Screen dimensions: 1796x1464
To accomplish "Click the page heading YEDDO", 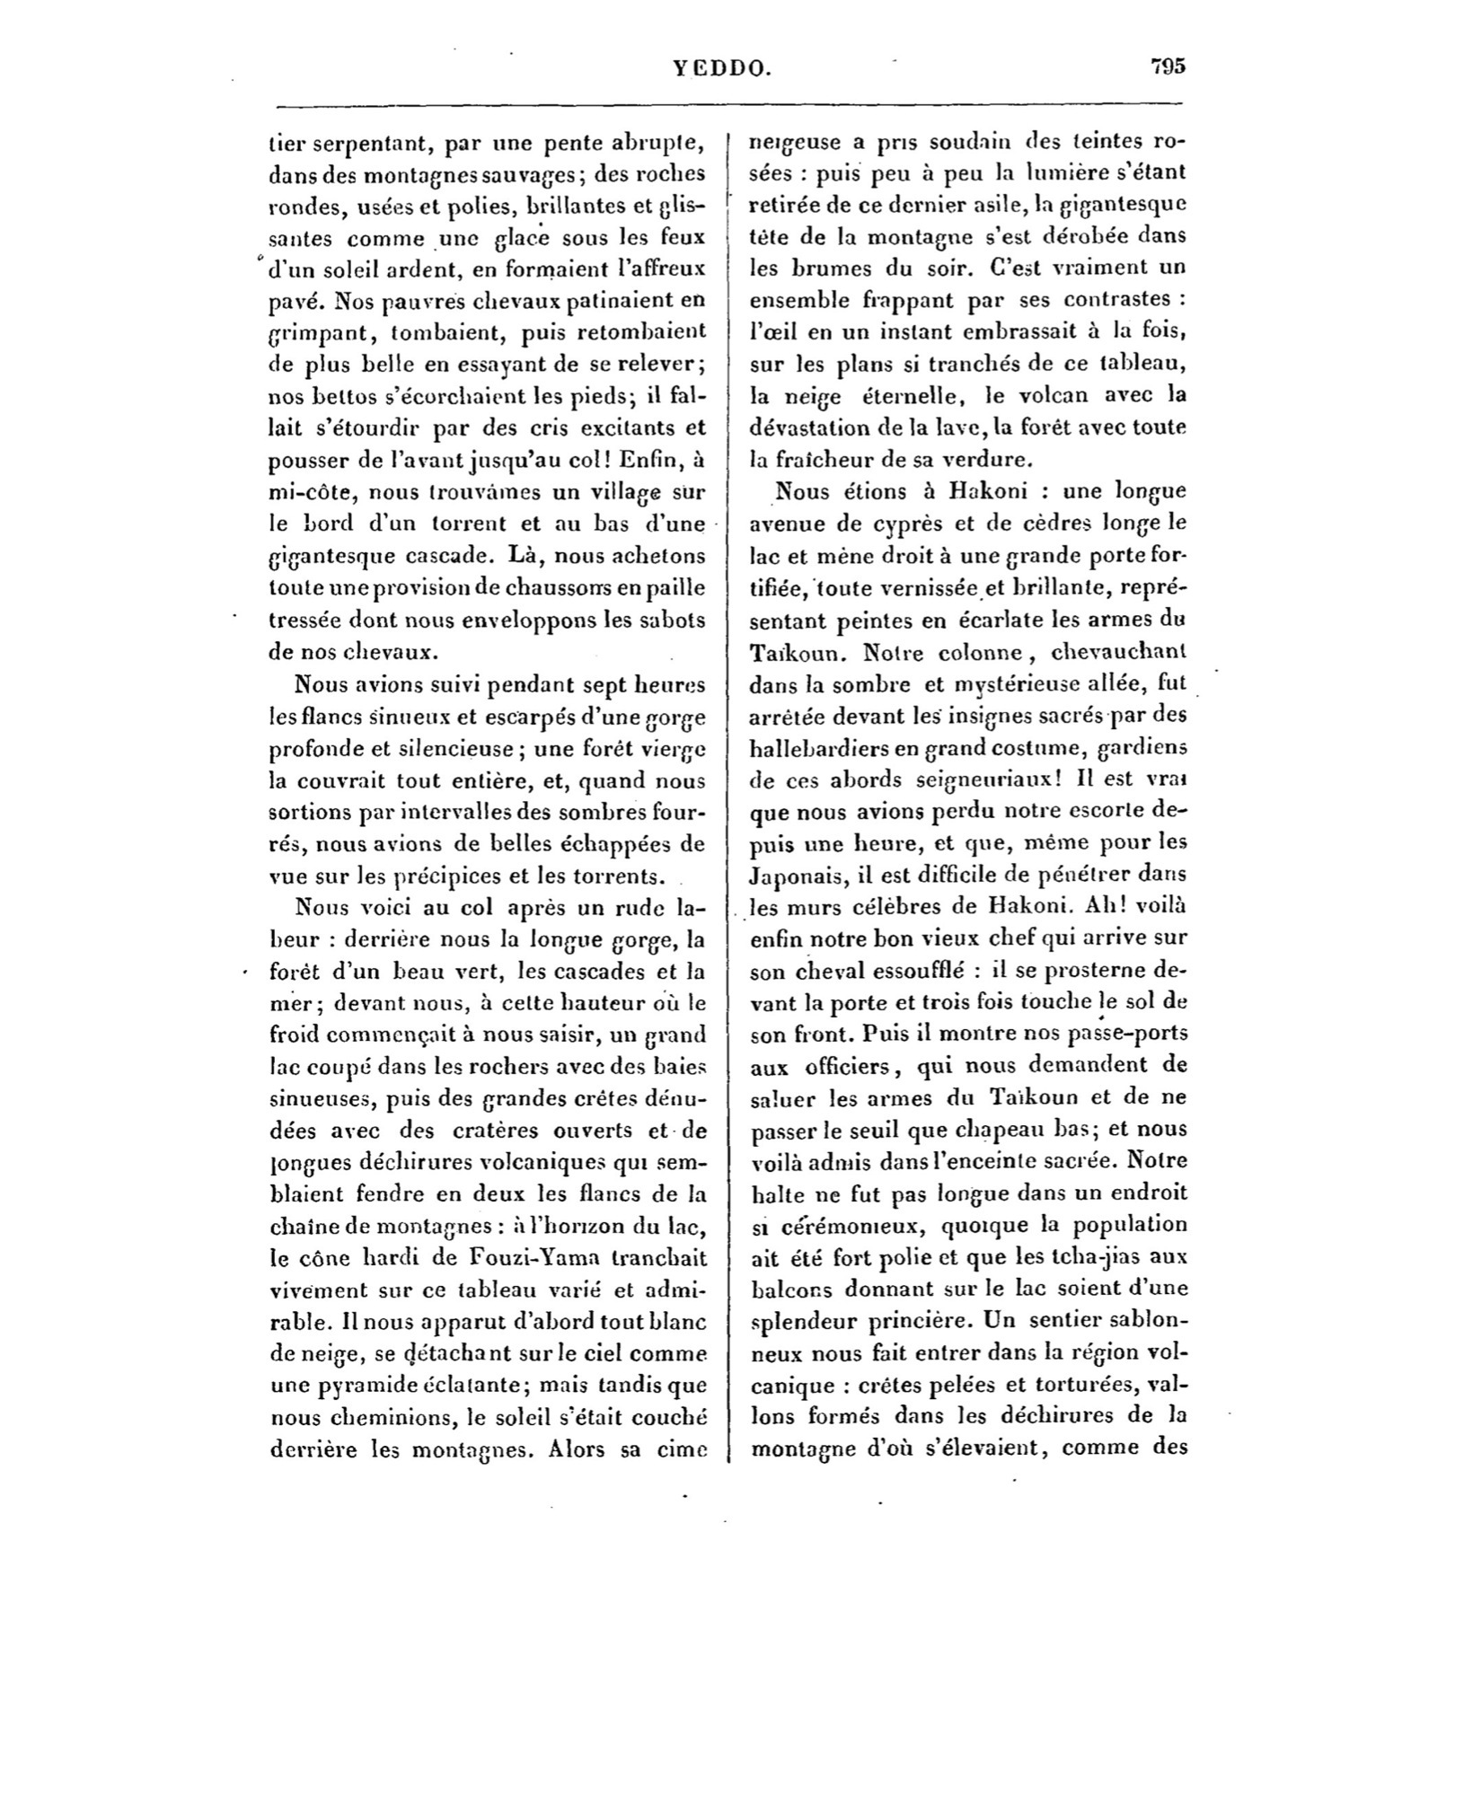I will point(721,67).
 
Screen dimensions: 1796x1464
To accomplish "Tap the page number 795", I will point(1168,66).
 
